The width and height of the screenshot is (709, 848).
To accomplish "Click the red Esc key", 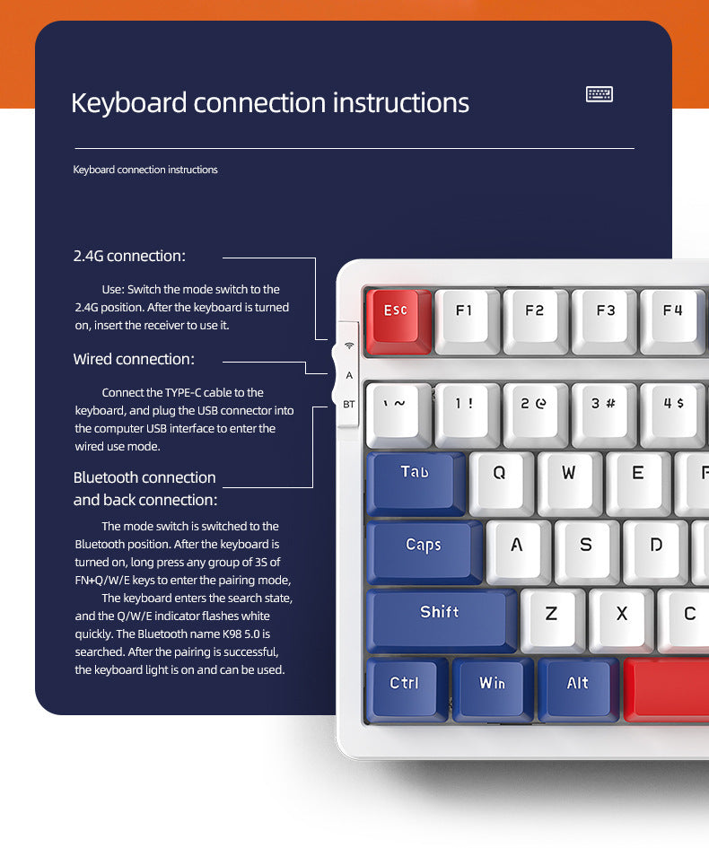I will pos(396,313).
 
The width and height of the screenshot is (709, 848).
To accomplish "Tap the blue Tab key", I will pos(415,475).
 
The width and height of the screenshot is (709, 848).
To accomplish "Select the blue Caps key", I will pos(424,546).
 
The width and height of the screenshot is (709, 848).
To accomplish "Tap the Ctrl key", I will pos(404,685).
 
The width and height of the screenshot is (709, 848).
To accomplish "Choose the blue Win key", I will pos(492,685).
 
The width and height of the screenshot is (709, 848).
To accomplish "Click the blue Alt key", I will pos(577,685).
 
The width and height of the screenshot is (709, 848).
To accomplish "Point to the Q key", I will pos(500,476).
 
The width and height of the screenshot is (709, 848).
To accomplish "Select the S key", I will pos(586,546).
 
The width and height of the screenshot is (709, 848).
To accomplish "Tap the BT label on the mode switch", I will pos(349,405).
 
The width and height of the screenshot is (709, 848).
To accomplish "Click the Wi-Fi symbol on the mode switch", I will pos(349,345).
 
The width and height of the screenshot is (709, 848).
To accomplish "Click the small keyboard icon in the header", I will pos(599,94).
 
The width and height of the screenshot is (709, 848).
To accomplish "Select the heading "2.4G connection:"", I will pos(129,257).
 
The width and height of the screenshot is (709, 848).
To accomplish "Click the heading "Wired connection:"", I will pos(134,360).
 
